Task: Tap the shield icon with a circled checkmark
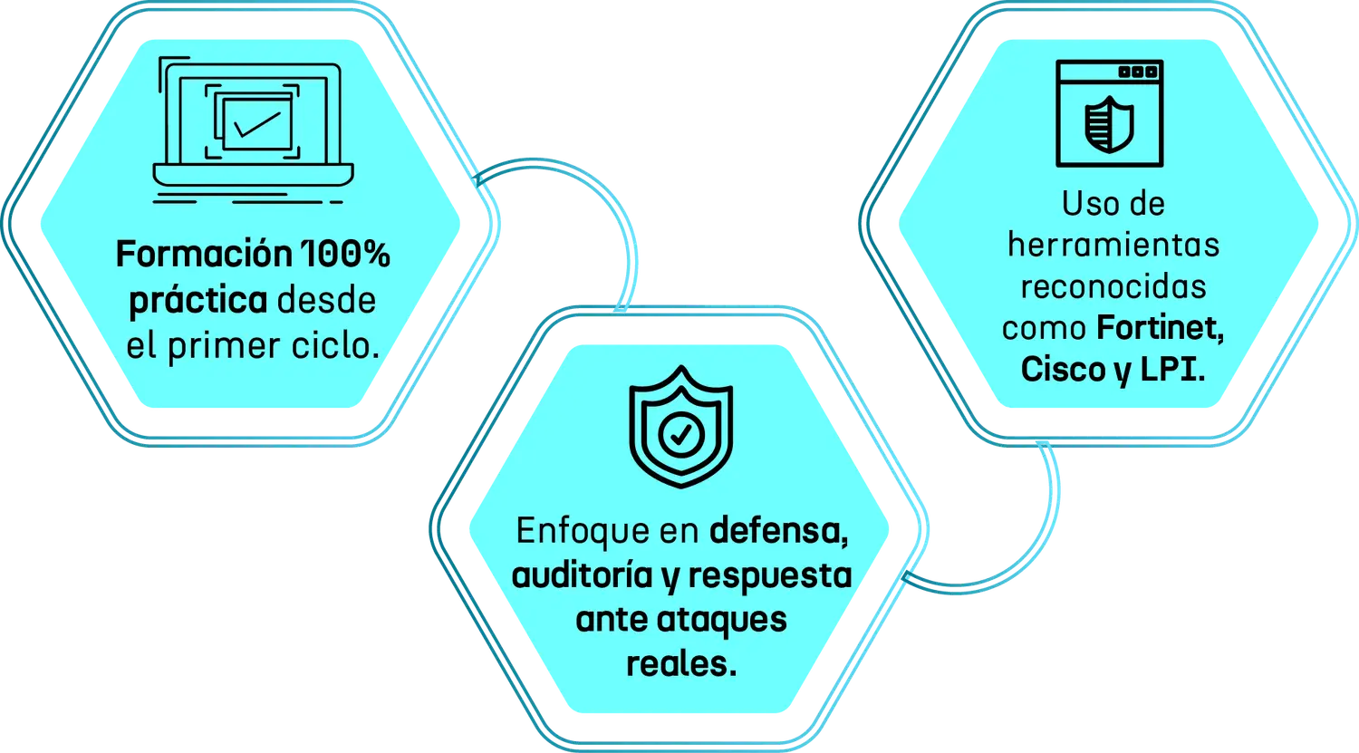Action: tap(679, 430)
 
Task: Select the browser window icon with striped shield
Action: tap(1109, 114)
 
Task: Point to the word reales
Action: tap(679, 664)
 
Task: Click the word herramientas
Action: tap(1113, 246)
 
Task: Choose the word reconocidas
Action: tap(1113, 287)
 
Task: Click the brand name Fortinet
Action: tap(1161, 329)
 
